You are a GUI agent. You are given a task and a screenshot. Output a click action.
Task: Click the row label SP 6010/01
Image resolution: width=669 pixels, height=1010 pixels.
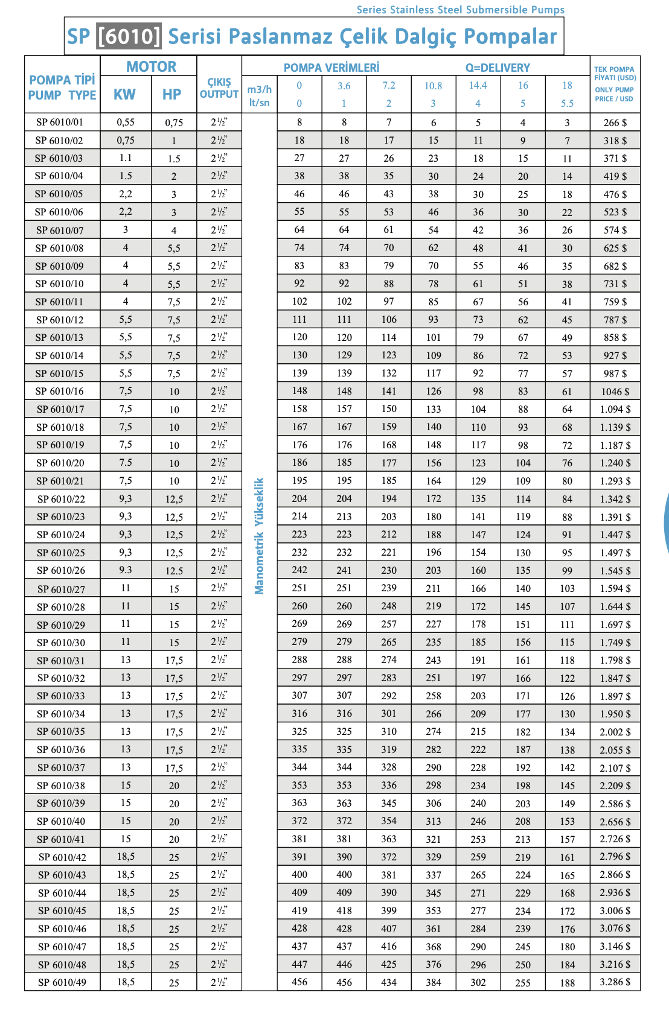(60, 122)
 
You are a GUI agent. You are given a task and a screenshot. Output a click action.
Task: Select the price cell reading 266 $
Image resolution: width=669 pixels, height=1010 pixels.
(615, 122)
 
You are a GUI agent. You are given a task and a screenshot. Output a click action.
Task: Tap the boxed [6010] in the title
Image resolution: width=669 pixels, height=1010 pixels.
(129, 37)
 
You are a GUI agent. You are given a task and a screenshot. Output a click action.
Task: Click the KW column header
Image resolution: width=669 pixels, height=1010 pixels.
(125, 94)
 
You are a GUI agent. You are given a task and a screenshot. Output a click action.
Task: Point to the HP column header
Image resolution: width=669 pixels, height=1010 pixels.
(172, 94)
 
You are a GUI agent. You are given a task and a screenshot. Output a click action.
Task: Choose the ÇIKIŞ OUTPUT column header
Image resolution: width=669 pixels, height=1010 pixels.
(219, 88)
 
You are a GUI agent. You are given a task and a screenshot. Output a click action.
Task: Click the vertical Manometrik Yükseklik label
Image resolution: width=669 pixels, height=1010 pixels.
(260, 536)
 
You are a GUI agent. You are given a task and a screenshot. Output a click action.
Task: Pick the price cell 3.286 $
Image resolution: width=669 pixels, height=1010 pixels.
(615, 982)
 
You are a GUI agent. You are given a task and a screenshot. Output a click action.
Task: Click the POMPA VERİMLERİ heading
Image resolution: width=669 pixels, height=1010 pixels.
(331, 68)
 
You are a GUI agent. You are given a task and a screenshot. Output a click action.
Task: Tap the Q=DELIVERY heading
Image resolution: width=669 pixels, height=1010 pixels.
(498, 68)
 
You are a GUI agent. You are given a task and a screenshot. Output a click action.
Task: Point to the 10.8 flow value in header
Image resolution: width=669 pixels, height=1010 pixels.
(433, 86)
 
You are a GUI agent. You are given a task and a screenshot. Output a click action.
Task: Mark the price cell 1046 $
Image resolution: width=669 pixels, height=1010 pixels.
(615, 392)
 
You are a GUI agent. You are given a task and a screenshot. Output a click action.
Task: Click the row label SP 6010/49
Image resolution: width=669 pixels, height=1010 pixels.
(62, 982)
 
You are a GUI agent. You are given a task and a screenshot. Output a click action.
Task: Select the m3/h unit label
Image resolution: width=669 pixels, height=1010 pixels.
(260, 89)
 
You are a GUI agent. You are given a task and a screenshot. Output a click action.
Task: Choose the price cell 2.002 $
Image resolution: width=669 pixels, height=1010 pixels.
(615, 732)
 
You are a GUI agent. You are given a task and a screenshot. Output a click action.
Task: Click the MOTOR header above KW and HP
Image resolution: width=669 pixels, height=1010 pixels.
(151, 67)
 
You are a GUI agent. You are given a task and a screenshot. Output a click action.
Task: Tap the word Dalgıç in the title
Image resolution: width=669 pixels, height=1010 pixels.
(430, 37)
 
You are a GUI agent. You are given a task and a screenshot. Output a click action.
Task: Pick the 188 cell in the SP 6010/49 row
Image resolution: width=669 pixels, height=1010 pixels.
(567, 982)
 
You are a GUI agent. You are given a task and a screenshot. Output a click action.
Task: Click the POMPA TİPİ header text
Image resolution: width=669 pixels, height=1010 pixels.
(62, 80)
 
